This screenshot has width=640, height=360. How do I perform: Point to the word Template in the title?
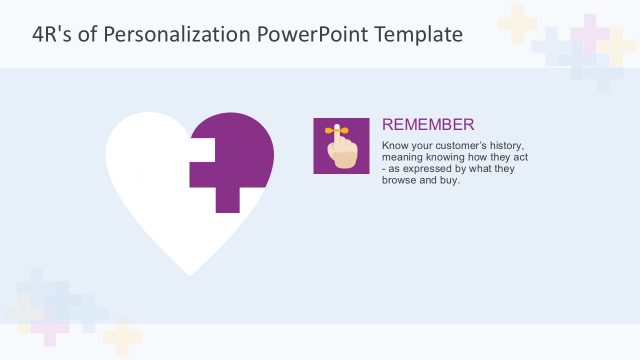(x=419, y=34)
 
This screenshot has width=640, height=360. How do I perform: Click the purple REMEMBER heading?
(x=428, y=125)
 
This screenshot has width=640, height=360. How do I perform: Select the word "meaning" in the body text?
(x=404, y=158)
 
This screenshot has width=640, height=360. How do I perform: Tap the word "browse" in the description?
(x=401, y=182)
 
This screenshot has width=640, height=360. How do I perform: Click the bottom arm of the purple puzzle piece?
(x=228, y=200)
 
